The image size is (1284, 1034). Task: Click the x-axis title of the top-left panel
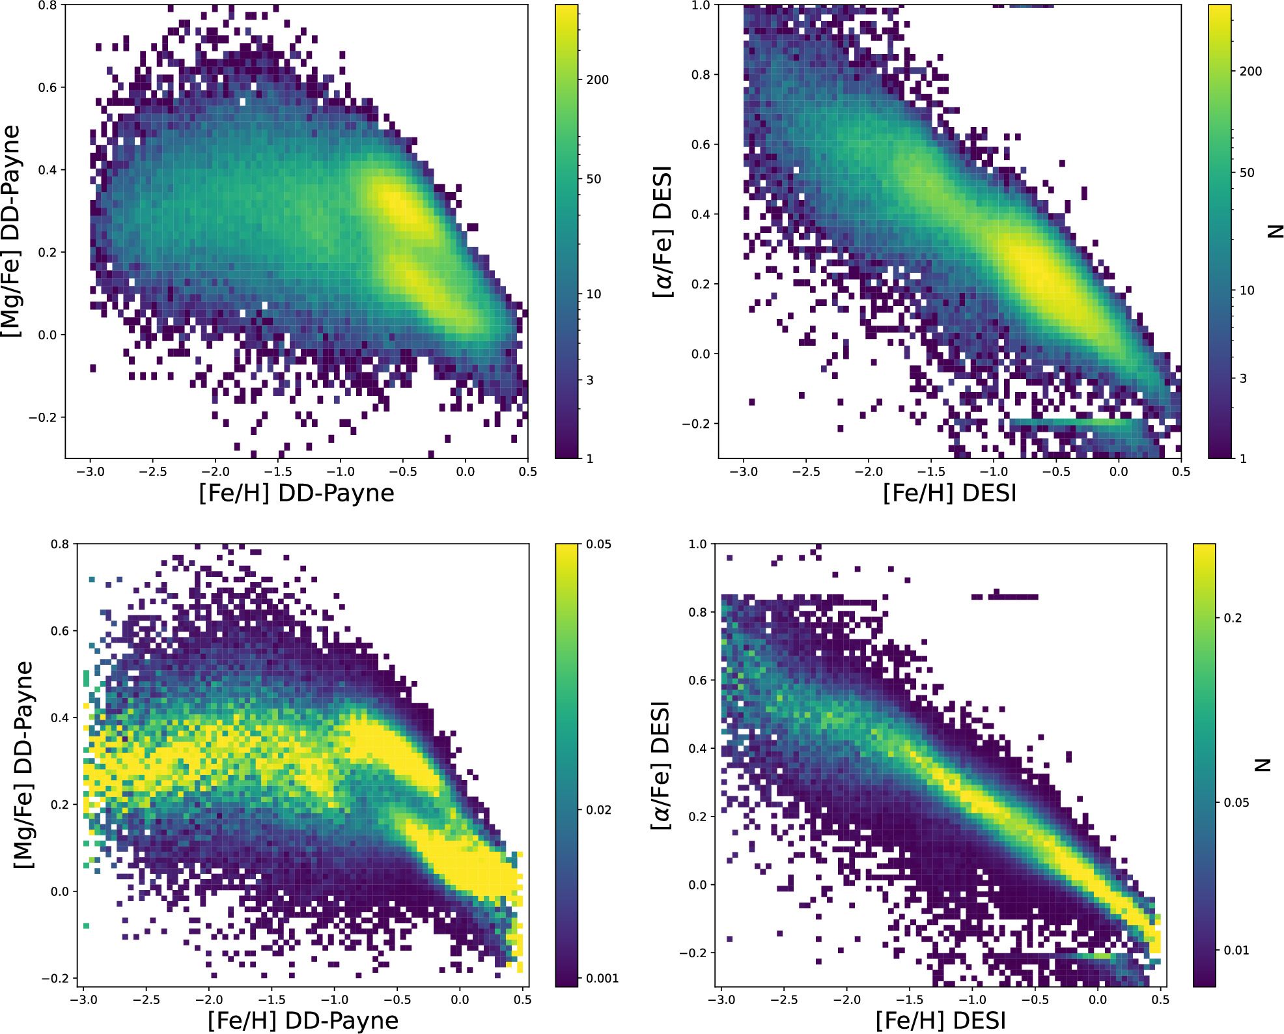click(296, 493)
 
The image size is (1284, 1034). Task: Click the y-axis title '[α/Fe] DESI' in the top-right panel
click(663, 232)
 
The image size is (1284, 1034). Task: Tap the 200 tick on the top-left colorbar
click(597, 80)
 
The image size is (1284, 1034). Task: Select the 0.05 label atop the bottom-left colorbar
click(598, 544)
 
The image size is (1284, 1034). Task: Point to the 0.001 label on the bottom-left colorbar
click(602, 978)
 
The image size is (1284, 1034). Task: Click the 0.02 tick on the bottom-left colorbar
click(598, 810)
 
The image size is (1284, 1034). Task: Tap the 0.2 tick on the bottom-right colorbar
click(1233, 618)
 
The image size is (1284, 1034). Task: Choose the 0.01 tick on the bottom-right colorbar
click(1236, 950)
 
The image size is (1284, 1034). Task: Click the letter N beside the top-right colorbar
click(1275, 232)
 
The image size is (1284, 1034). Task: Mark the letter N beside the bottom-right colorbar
click(1263, 765)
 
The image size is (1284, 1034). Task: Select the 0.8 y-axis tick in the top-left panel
click(48, 6)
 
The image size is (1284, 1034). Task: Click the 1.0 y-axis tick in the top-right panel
click(701, 6)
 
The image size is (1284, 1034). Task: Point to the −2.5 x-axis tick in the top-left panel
click(153, 471)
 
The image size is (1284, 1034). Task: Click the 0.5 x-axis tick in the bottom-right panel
click(1160, 999)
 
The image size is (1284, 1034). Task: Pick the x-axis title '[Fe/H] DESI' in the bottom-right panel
click(940, 1020)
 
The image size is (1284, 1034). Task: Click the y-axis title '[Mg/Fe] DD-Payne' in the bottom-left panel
click(23, 765)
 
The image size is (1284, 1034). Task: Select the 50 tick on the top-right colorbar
click(1246, 173)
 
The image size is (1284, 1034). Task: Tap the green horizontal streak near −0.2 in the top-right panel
click(1074, 423)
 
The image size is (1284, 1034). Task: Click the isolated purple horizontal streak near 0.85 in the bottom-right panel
click(1006, 596)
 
